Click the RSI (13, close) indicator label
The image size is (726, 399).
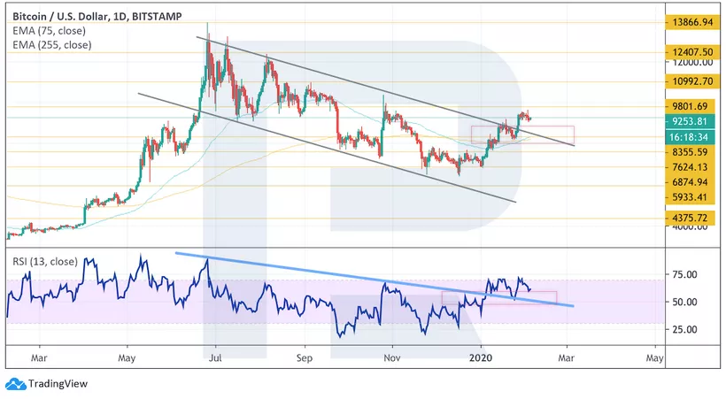click(44, 261)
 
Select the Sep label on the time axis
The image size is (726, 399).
click(304, 358)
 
